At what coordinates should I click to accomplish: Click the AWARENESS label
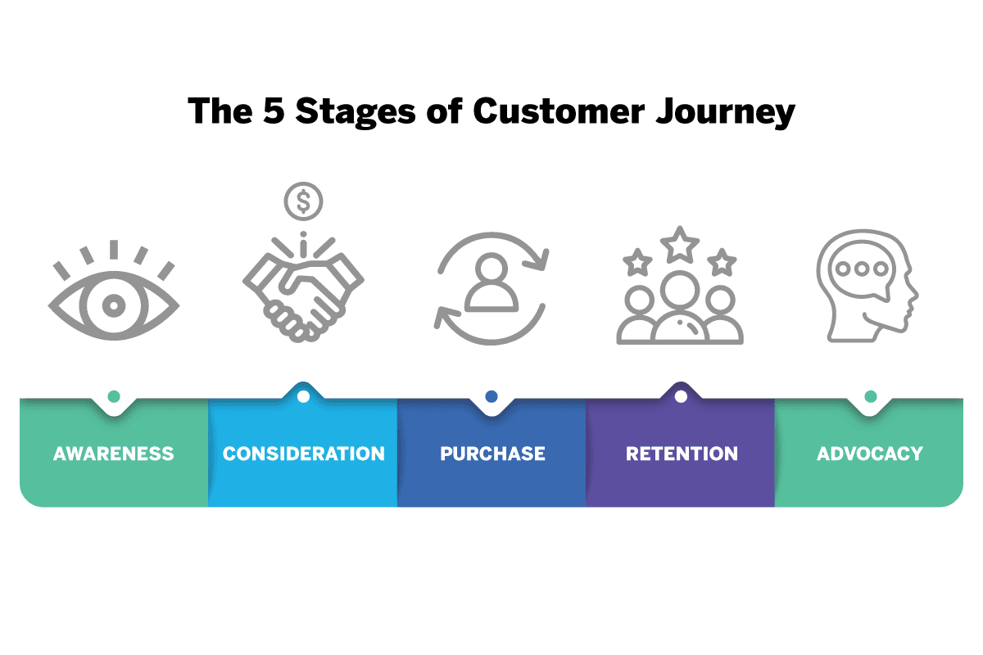(x=114, y=454)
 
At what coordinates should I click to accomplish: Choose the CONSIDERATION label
(x=303, y=454)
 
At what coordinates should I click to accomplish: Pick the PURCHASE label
(x=492, y=454)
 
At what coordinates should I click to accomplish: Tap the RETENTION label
(x=682, y=454)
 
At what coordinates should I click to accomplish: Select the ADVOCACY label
(x=870, y=454)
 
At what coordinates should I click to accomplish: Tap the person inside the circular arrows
(x=491, y=282)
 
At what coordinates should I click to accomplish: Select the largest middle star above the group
(x=681, y=245)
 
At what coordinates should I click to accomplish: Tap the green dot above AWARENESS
(x=114, y=396)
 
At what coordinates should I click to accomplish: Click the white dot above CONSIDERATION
(x=303, y=396)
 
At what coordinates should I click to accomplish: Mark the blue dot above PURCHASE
(x=491, y=396)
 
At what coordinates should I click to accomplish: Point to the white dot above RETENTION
(x=681, y=396)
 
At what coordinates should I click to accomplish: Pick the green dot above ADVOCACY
(x=870, y=396)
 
